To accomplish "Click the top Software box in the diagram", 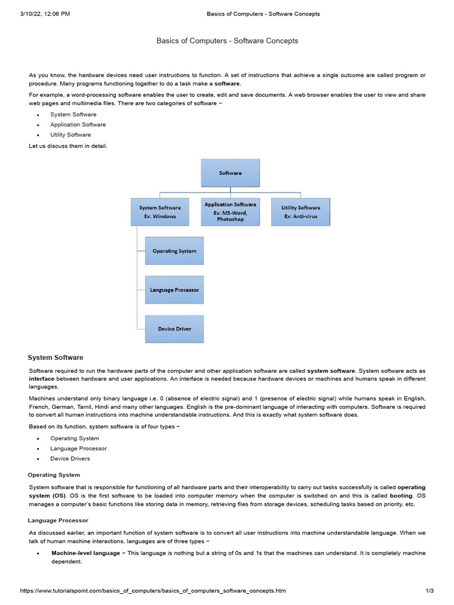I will (230, 173).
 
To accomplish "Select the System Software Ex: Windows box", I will (160, 212).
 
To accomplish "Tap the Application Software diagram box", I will (230, 212).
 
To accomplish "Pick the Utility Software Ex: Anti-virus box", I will (300, 212).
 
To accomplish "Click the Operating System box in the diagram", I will (174, 251).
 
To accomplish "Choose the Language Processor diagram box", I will (174, 290).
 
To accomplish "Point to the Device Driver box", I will (174, 328).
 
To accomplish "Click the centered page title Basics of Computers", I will (227, 41).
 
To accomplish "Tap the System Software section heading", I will (56, 357).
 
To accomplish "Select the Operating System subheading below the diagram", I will (54, 474).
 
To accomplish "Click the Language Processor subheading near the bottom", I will (58, 521).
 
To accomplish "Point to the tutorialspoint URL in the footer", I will (153, 591).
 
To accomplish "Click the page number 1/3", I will (430, 591).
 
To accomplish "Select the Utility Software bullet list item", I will (70, 135).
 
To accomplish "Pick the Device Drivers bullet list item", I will (70, 458).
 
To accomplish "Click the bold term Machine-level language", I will (86, 553).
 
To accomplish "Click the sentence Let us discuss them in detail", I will (68, 145).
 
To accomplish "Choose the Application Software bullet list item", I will (78, 125).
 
